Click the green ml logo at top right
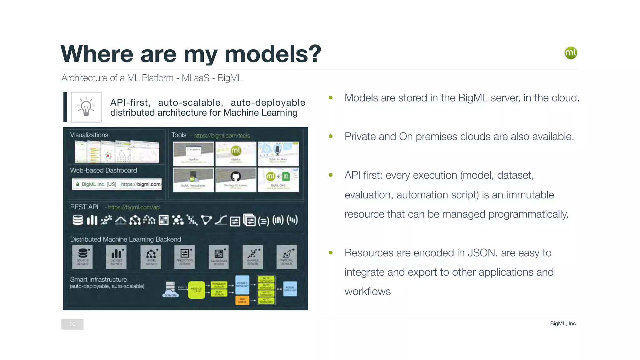pyautogui.click(x=571, y=53)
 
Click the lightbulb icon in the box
pyautogui.click(x=86, y=107)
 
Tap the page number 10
pyautogui.click(x=72, y=324)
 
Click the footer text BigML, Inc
pyautogui.click(x=562, y=323)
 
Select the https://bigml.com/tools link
pyautogui.click(x=221, y=136)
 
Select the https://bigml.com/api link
pyautogui.click(x=134, y=207)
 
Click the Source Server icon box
pyautogui.click(x=82, y=257)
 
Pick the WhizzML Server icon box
pyautogui.click(x=287, y=257)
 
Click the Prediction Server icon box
pyautogui.click(x=184, y=257)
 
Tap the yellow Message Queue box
pyautogui.click(x=196, y=290)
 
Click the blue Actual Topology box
pyautogui.click(x=290, y=289)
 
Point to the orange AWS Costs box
pyautogui.click(x=242, y=300)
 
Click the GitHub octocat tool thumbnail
pyautogui.click(x=236, y=179)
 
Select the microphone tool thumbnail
pyautogui.click(x=278, y=153)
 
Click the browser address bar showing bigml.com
pyautogui.click(x=117, y=184)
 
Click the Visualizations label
pyautogui.click(x=89, y=135)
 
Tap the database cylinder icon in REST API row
pyautogui.click(x=77, y=220)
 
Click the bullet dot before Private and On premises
pyautogui.click(x=331, y=136)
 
